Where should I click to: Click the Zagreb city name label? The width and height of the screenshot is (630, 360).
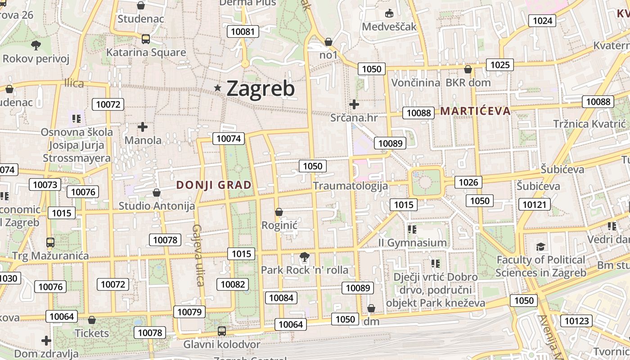[261, 89]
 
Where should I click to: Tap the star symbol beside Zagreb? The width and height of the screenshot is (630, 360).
[218, 88]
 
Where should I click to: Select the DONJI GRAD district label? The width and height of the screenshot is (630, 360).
[214, 185]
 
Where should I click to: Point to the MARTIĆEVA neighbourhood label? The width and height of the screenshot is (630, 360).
[476, 111]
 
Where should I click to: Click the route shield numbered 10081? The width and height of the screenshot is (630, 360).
[243, 31]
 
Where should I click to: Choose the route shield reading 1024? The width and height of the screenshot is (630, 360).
[542, 20]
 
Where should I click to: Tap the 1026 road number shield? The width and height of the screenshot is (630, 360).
[468, 182]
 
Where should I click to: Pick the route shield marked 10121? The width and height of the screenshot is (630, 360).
[535, 205]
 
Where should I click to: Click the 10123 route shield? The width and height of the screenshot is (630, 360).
[576, 321]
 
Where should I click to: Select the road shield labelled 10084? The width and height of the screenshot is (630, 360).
[281, 297]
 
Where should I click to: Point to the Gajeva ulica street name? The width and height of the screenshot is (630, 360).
[198, 255]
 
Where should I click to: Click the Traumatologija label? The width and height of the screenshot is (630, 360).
[350, 185]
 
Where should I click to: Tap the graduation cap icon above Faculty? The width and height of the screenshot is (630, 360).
[540, 247]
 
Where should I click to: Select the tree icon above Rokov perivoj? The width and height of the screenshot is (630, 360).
[36, 45]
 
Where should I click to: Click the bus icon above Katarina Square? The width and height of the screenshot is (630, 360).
[146, 39]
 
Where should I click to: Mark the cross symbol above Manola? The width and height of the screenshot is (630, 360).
[143, 127]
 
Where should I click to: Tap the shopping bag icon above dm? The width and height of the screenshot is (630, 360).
[371, 309]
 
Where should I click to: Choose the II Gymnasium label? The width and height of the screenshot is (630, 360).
[412, 243]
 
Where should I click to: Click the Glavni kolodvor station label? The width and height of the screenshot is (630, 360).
[221, 345]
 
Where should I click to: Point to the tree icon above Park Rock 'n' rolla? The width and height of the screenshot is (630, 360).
[305, 257]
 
